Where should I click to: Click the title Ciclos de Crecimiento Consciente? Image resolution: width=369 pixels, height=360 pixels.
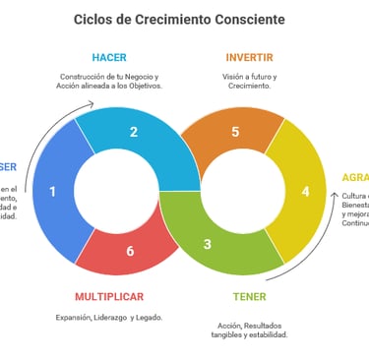point(179,19)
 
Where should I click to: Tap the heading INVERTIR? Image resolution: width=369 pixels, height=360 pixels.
point(249,57)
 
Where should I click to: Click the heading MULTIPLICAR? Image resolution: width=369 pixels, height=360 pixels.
point(109,296)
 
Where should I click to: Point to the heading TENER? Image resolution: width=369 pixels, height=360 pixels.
point(249,296)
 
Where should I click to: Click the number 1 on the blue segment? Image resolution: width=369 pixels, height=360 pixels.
point(52,192)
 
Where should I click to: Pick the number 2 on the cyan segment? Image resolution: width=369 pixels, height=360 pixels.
point(133,132)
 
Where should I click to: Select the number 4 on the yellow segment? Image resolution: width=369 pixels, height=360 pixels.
point(305,191)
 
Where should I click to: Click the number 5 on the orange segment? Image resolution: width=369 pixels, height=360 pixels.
point(235,132)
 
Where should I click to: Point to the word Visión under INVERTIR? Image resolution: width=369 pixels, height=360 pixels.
point(235,76)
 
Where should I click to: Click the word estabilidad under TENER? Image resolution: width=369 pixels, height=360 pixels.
point(268,335)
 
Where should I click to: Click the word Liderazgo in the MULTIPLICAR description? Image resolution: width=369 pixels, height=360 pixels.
point(109,317)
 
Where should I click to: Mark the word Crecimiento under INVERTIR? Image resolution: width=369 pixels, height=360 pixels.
point(249,86)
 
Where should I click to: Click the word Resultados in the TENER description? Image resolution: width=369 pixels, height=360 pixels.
point(268,326)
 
